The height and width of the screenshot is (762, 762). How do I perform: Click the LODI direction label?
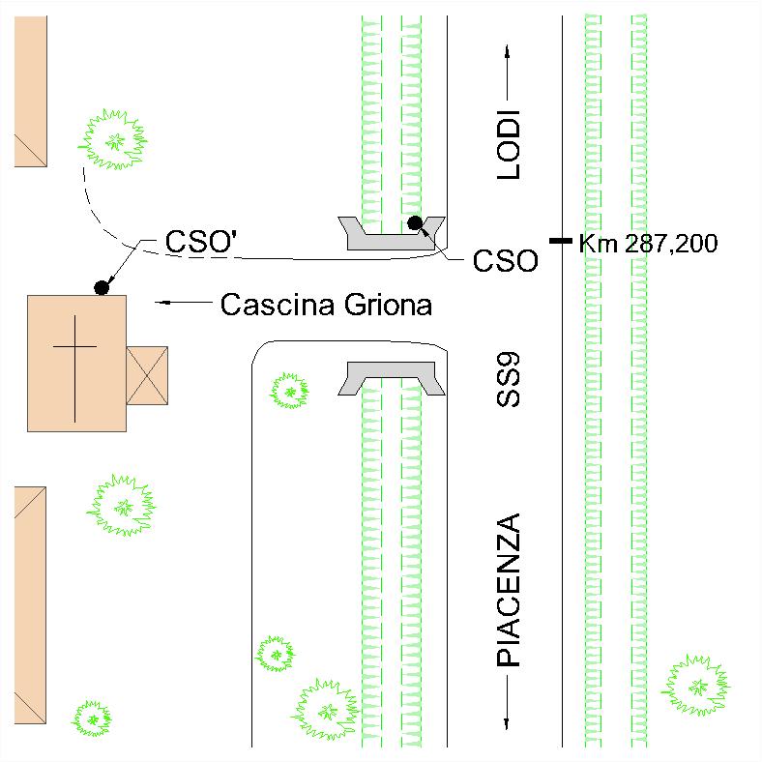pyautogui.click(x=509, y=145)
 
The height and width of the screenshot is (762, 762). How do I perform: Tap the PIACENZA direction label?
pyautogui.click(x=509, y=590)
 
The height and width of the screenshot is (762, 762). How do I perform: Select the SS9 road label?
pyautogui.click(x=509, y=379)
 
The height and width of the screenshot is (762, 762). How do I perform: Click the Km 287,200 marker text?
pyautogui.click(x=648, y=243)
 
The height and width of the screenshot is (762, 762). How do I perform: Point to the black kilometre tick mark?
pyautogui.click(x=561, y=241)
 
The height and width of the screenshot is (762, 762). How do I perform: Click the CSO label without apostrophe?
pyautogui.click(x=506, y=261)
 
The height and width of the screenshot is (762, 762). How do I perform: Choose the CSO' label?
pyautogui.click(x=201, y=241)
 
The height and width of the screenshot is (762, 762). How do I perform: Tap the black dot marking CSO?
pyautogui.click(x=415, y=223)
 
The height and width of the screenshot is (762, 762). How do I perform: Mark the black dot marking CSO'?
pyautogui.click(x=102, y=288)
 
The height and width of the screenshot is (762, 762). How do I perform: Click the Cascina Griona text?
pyautogui.click(x=326, y=306)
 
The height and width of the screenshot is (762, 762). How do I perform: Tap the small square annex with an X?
pyautogui.click(x=147, y=375)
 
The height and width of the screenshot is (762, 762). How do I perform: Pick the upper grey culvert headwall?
pyautogui.click(x=392, y=233)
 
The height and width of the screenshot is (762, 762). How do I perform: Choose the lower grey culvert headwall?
pyautogui.click(x=392, y=378)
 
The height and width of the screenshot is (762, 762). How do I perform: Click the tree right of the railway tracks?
pyautogui.click(x=696, y=686)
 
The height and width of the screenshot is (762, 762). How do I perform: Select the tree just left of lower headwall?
pyautogui.click(x=290, y=391)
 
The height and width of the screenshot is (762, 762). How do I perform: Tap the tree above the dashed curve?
pyautogui.click(x=113, y=140)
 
